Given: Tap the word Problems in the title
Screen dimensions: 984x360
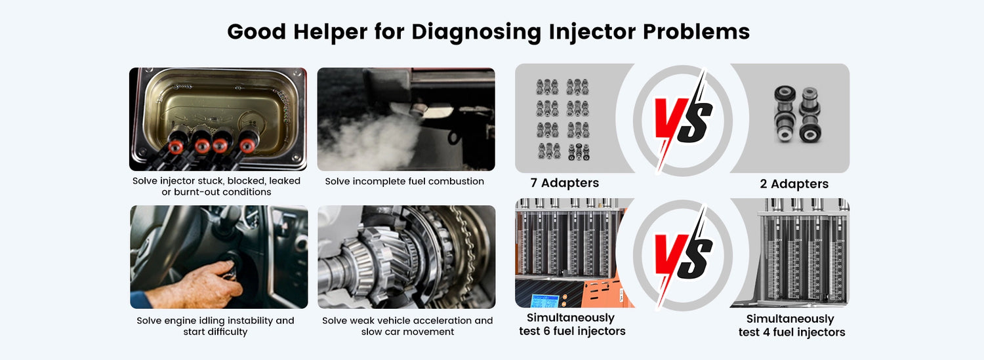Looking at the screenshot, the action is point(696,31).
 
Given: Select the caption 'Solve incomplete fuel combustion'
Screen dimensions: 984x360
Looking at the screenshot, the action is point(404,182).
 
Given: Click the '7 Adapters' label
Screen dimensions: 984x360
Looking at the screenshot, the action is point(564,183).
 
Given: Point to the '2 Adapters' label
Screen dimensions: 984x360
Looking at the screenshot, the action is point(794,184).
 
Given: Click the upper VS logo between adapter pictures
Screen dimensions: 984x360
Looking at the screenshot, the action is point(683,120).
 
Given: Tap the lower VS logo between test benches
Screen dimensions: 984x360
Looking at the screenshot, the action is point(683,256).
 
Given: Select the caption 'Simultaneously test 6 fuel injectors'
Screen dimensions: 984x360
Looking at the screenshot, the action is point(572,324).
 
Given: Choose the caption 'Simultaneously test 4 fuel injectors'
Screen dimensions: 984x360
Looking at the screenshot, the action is point(792,325).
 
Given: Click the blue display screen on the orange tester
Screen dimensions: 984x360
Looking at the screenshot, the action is point(544,301).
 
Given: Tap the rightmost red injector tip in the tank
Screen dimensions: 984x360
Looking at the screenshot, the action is point(247,144).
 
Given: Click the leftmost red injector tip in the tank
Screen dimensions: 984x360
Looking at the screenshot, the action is point(176,146).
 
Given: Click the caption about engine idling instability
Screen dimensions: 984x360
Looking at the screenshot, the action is point(215,326).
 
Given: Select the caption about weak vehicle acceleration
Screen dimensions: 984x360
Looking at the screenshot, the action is point(407,326).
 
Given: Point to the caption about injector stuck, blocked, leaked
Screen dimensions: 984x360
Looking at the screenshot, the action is point(216,186).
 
